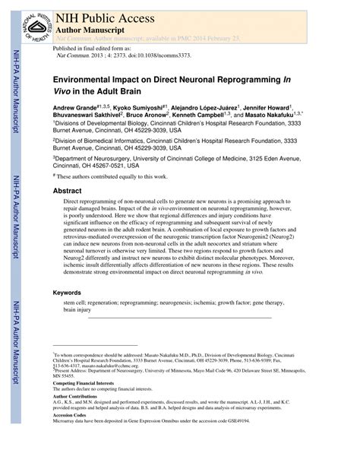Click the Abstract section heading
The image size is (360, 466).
[68, 191]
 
